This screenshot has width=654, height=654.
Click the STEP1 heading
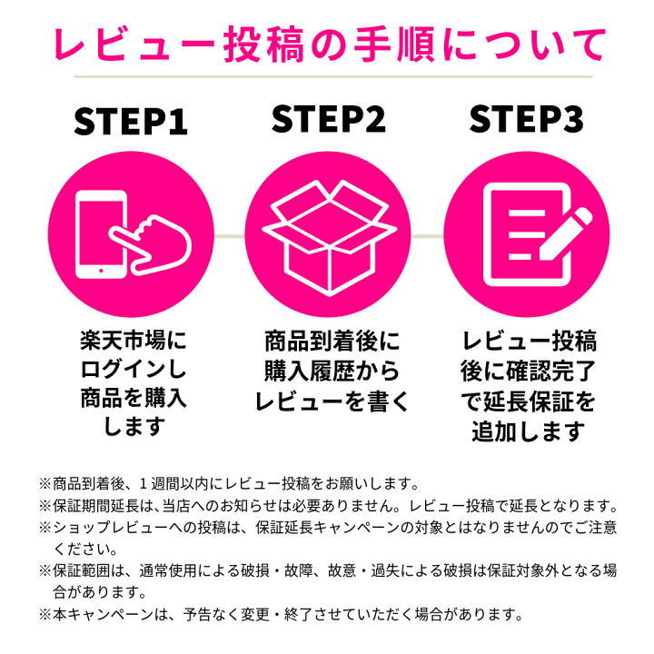[130, 121]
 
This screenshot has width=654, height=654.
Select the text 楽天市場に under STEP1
[130, 342]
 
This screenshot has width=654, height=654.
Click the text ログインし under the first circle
[130, 370]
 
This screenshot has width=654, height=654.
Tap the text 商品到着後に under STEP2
[327, 342]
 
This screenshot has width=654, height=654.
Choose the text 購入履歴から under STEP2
[327, 371]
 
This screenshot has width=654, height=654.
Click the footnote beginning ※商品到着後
[228, 482]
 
